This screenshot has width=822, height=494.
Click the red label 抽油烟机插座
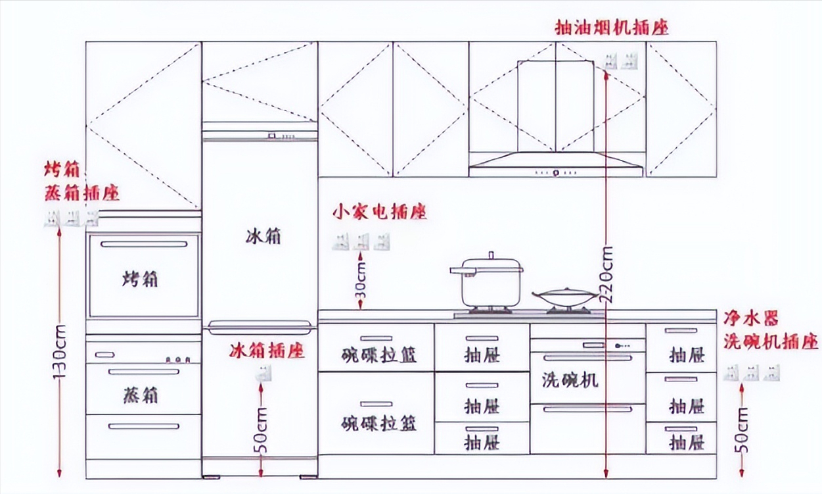[611, 28]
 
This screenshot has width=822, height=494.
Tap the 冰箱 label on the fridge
[263, 236]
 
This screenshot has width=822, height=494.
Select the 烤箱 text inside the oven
[141, 279]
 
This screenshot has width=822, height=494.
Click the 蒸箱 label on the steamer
[141, 395]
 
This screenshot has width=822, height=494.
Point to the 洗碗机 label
[570, 380]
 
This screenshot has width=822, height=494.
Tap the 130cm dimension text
[60, 352]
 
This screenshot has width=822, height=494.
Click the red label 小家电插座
[379, 212]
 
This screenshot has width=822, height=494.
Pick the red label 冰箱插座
[267, 350]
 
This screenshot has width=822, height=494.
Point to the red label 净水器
[751, 319]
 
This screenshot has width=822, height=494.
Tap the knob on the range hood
[555, 174]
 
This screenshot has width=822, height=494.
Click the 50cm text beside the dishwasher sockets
[742, 430]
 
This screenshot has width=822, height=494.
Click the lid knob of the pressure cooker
[490, 255]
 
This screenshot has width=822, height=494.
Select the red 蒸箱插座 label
[82, 193]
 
